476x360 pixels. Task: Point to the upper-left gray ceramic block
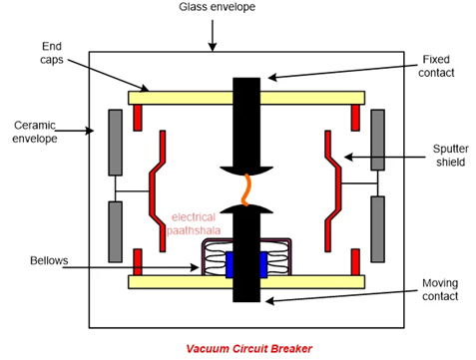click(x=116, y=140)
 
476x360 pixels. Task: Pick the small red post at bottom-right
click(x=355, y=262)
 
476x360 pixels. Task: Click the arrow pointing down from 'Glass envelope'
click(x=211, y=35)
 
